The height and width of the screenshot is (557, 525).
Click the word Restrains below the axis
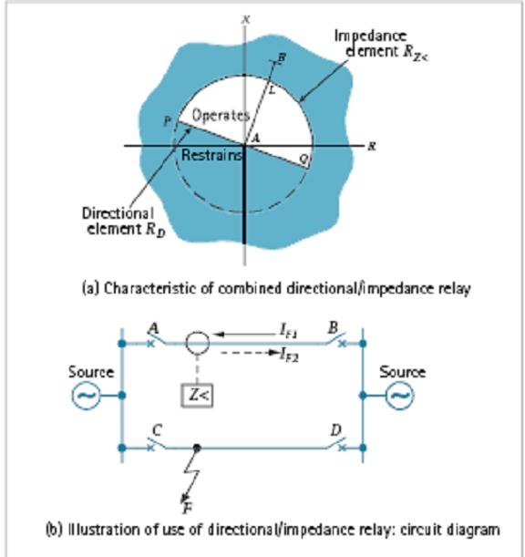(x=211, y=156)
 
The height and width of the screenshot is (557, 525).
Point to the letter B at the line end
(x=280, y=58)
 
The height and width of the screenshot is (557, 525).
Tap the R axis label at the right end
(x=372, y=145)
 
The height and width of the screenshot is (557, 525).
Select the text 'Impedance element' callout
(x=374, y=46)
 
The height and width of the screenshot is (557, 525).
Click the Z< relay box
(x=197, y=399)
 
